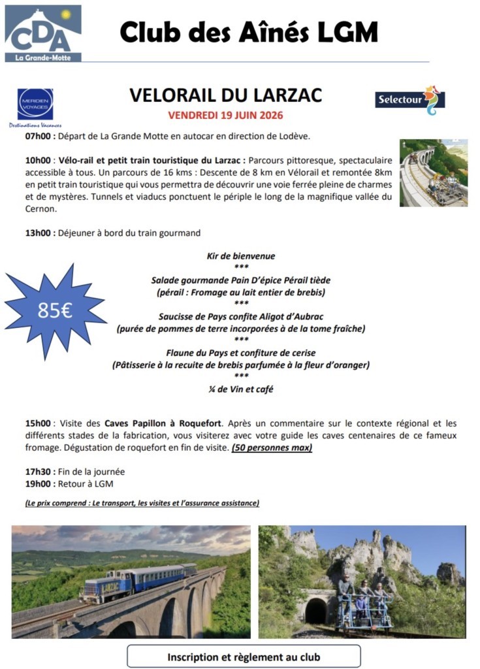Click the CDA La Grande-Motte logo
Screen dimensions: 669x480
pos(43,33)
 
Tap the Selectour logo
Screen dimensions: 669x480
pos(409,100)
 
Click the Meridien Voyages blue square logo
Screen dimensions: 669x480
pos(35,104)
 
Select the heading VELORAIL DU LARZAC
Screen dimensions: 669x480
pos(225,95)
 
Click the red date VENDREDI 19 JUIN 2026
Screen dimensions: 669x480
pos(225,116)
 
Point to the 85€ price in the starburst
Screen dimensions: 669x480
pos(55,310)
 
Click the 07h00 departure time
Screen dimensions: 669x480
pos(37,137)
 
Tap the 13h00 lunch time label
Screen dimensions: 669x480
pos(38,233)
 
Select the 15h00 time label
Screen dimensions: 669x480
pos(38,423)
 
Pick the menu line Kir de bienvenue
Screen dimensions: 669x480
pos(241,256)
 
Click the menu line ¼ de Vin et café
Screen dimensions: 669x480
pos(241,389)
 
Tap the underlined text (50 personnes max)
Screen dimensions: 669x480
pos(272,448)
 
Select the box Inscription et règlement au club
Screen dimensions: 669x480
pos(244,657)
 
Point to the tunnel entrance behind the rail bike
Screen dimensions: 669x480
pos(316,610)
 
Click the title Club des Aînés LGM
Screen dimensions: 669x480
pos(249,31)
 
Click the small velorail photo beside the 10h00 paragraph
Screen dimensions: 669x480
pos(433,172)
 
